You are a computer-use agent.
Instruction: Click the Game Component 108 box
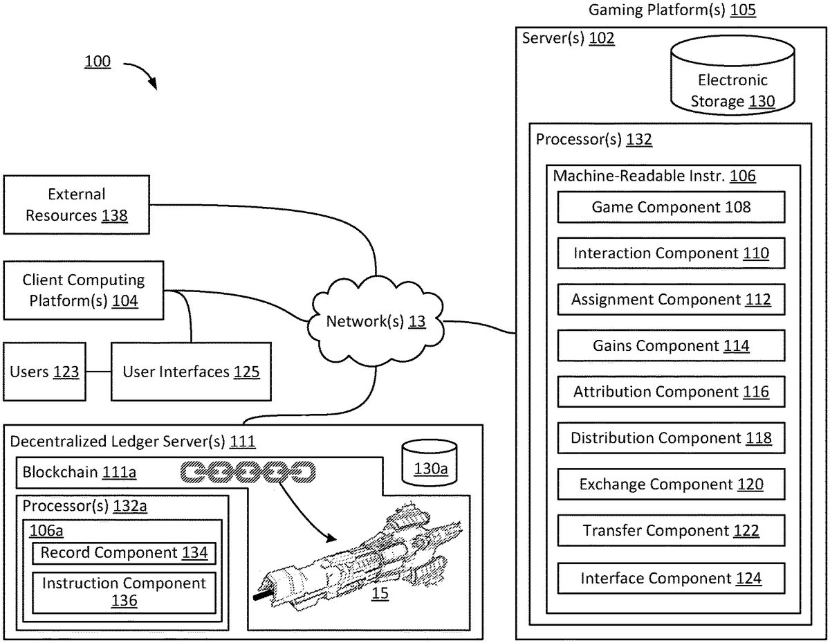(671, 207)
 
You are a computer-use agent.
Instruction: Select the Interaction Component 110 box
(671, 253)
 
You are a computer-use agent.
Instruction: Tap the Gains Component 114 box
(671, 345)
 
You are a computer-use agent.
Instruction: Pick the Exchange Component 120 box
(671, 484)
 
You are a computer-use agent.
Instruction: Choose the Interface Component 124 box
(671, 578)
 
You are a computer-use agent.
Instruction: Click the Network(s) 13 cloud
(376, 321)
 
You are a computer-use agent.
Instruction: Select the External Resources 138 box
(76, 205)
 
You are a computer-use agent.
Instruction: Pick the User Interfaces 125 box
(191, 372)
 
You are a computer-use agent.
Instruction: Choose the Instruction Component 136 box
(124, 592)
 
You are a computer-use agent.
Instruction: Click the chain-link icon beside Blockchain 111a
(248, 473)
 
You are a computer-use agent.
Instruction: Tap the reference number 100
(98, 62)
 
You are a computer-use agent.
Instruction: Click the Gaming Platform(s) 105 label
(672, 10)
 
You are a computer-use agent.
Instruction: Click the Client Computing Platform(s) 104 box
(83, 290)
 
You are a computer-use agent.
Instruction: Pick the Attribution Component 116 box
(671, 392)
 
